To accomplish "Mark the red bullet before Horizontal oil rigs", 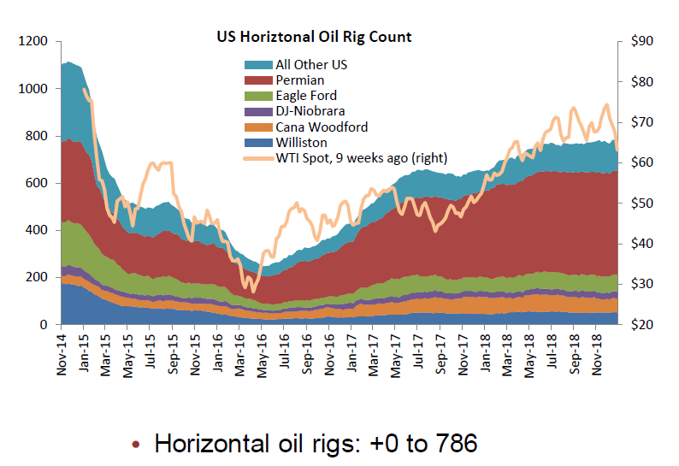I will (x=136, y=445).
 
